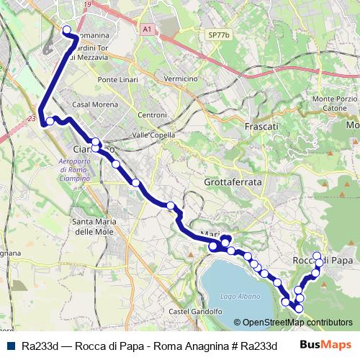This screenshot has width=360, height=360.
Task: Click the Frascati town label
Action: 261,126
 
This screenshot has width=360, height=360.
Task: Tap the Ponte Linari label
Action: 118,79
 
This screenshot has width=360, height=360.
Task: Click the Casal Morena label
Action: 91,104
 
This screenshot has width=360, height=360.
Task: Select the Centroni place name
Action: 152,114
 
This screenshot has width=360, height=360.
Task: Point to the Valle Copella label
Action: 154,135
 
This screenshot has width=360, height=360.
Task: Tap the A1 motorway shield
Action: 147,30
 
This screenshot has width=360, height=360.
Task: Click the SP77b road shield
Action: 217,34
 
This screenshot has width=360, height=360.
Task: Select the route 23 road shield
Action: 32,118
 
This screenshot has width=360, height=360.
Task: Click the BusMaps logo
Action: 325,345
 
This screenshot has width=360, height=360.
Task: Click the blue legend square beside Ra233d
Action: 12,346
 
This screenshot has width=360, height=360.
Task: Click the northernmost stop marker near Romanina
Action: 67,30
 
